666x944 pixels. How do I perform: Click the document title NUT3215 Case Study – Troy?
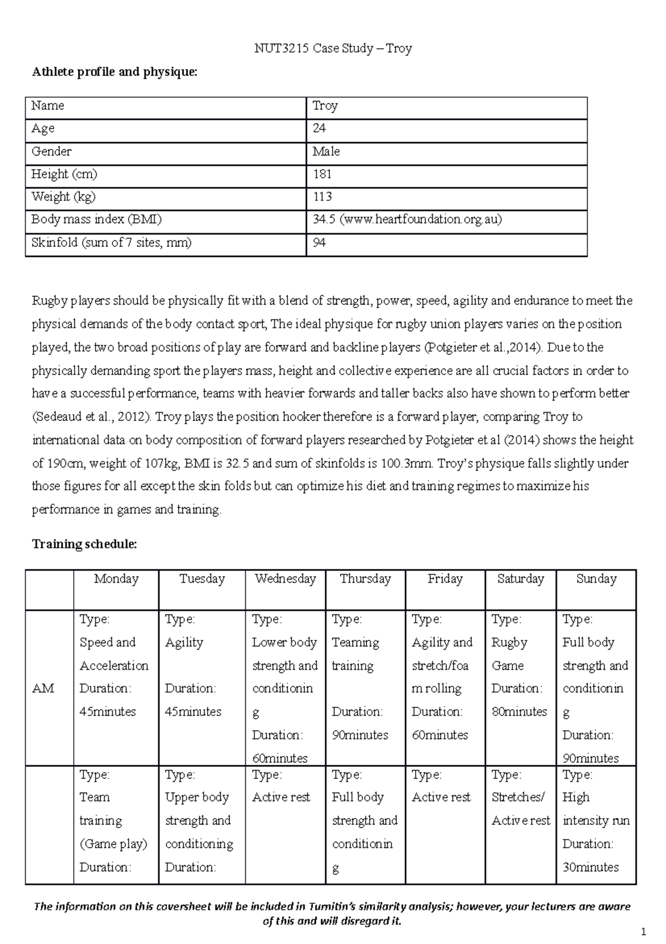(333, 49)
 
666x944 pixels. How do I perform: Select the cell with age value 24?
(319, 128)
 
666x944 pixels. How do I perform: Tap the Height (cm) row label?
(64, 174)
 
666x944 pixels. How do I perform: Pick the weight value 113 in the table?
(322, 197)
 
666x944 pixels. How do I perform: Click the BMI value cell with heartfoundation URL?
(407, 220)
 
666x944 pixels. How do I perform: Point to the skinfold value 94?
(319, 243)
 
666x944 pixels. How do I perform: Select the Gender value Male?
(326, 152)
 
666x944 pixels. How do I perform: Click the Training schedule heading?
(84, 544)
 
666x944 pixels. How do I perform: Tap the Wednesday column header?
(285, 579)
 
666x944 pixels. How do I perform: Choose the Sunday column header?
(596, 579)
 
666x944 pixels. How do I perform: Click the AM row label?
(43, 689)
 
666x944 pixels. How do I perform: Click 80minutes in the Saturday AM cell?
(519, 712)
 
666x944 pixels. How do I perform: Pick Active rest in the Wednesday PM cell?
(281, 797)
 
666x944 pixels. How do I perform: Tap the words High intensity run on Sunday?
(596, 809)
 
